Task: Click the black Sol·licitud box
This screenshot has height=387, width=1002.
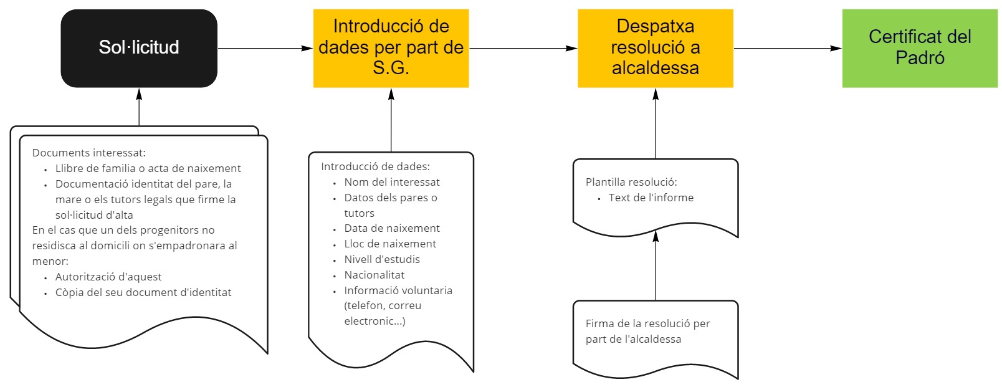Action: pyautogui.click(x=139, y=49)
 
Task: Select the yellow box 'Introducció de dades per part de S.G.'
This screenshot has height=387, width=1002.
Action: pyautogui.click(x=391, y=49)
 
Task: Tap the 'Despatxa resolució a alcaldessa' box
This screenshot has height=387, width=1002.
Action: pyautogui.click(x=656, y=49)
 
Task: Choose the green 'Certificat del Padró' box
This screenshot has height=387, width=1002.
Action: pyautogui.click(x=920, y=49)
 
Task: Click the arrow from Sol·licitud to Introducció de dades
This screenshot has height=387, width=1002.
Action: pyautogui.click(x=265, y=49)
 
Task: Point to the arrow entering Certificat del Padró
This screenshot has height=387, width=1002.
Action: pyautogui.click(x=788, y=49)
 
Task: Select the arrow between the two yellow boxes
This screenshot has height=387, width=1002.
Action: pyautogui.click(x=523, y=49)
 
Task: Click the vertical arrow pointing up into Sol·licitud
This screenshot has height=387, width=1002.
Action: pyautogui.click(x=139, y=107)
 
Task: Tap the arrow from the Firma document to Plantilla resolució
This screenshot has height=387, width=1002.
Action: pyautogui.click(x=656, y=265)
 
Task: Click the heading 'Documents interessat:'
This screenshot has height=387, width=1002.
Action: pyautogui.click(x=88, y=153)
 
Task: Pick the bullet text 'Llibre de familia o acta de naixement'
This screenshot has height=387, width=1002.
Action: pyautogui.click(x=148, y=169)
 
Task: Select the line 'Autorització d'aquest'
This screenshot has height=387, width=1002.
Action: pyautogui.click(x=108, y=277)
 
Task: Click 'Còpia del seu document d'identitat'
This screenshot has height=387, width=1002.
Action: pyautogui.click(x=143, y=293)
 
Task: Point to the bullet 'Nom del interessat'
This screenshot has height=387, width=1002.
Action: pyautogui.click(x=392, y=182)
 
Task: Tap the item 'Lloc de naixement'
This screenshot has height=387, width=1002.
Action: pyautogui.click(x=390, y=244)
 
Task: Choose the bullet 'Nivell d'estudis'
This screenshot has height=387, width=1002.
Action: pyautogui.click(x=382, y=259)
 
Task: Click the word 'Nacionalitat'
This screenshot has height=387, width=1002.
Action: pyautogui.click(x=375, y=275)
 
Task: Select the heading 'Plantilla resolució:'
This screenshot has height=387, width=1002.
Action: pyautogui.click(x=631, y=182)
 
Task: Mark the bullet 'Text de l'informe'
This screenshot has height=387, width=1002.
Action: pyautogui.click(x=651, y=198)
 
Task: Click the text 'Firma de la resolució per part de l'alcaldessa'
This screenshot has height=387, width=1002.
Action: pyautogui.click(x=647, y=332)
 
